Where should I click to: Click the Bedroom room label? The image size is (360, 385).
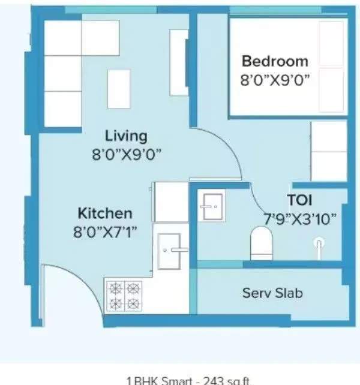(274, 61)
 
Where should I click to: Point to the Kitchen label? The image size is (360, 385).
(105, 213)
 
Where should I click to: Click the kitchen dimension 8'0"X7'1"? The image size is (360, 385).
(106, 232)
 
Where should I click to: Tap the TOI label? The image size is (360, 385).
(299, 200)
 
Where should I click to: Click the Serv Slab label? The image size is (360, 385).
(272, 293)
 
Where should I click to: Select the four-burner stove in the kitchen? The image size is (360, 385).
(124, 295)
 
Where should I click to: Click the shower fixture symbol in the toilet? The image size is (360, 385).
(319, 243)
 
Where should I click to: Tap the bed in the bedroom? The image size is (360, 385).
(287, 66)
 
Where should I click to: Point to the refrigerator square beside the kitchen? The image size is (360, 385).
(172, 203)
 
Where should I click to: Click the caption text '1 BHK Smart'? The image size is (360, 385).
(157, 380)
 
